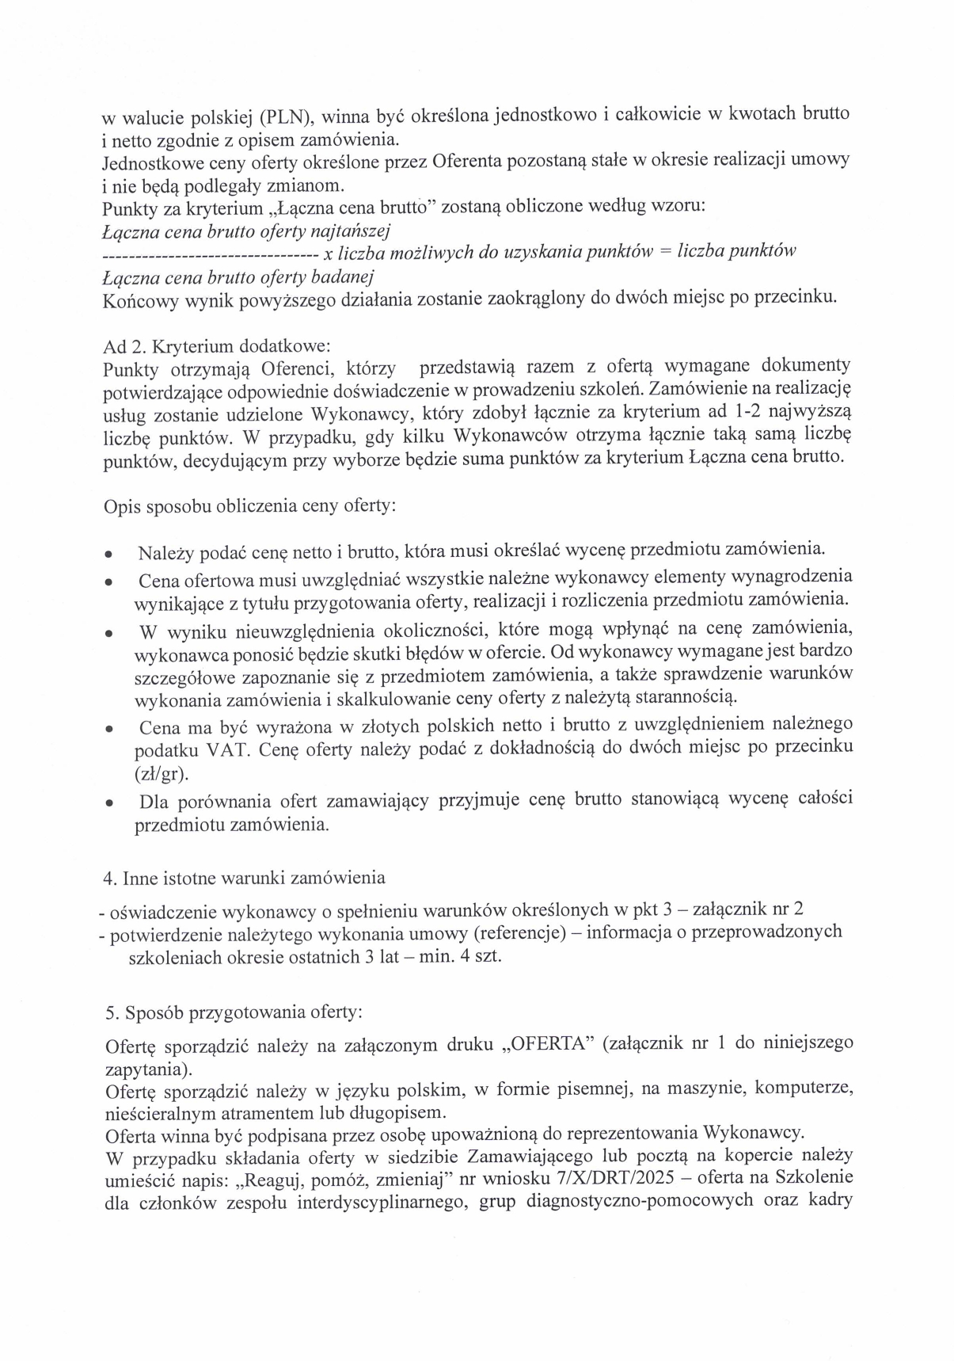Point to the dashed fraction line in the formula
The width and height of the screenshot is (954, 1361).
pyautogui.click(x=211, y=254)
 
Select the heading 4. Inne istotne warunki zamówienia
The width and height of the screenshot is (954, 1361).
pyautogui.click(x=245, y=878)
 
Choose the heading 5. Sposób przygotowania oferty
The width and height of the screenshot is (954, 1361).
pyautogui.click(x=234, y=1012)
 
